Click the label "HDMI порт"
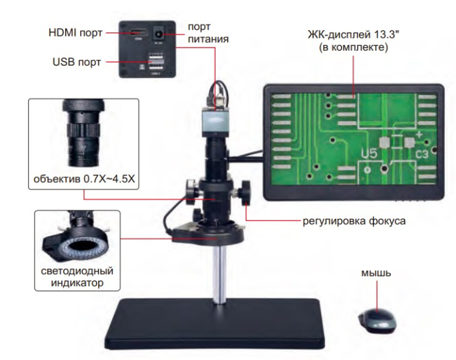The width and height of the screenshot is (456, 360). coord(74,32)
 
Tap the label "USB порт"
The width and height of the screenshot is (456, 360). coord(76,64)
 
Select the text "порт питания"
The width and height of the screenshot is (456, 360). coord(208,33)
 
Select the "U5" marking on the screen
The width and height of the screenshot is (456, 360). coord(369,155)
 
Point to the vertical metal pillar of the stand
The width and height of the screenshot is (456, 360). coord(221,273)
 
